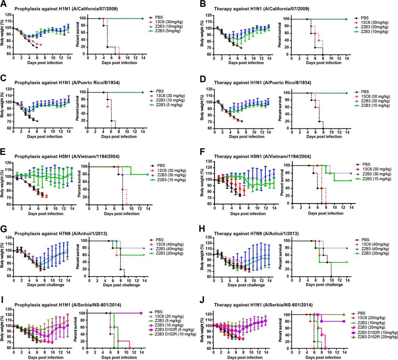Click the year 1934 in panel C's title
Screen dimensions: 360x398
[112, 83]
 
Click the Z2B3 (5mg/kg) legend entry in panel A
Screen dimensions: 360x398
[169, 31]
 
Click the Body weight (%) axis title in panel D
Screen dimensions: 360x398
[202, 110]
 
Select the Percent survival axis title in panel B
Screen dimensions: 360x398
[280, 37]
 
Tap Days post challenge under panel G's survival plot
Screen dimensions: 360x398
[122, 285]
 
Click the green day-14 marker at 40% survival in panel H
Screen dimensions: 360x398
[346, 262]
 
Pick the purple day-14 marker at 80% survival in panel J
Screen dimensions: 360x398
[344, 321]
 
